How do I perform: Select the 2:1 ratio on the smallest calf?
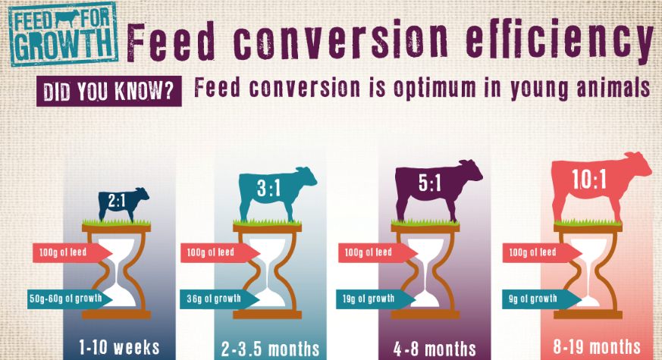click(x=116, y=202)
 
